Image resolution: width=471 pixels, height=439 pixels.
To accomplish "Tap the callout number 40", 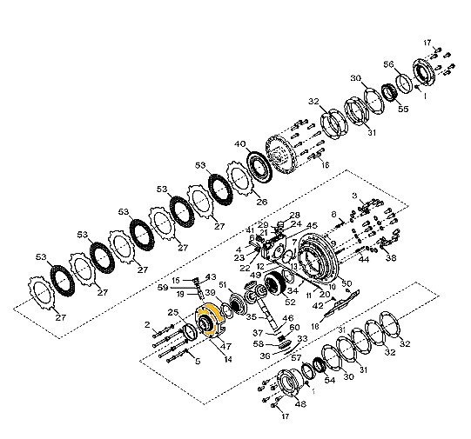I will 239,144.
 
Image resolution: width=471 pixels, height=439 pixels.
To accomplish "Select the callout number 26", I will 261,203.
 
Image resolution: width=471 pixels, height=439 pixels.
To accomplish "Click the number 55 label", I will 402,110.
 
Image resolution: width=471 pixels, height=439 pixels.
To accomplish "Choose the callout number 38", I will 390,258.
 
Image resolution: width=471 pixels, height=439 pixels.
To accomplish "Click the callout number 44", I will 364,259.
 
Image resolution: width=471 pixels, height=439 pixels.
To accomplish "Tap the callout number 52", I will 288,303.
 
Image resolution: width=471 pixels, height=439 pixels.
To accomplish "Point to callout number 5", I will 198,360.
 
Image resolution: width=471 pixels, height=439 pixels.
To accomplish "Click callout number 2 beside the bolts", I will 148,324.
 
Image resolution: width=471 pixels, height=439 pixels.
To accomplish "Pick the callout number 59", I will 163,287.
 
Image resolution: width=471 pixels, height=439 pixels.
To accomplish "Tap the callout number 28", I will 295,215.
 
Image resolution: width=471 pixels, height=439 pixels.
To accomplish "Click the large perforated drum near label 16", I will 288,156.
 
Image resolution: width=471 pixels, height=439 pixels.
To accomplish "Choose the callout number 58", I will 259,343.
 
